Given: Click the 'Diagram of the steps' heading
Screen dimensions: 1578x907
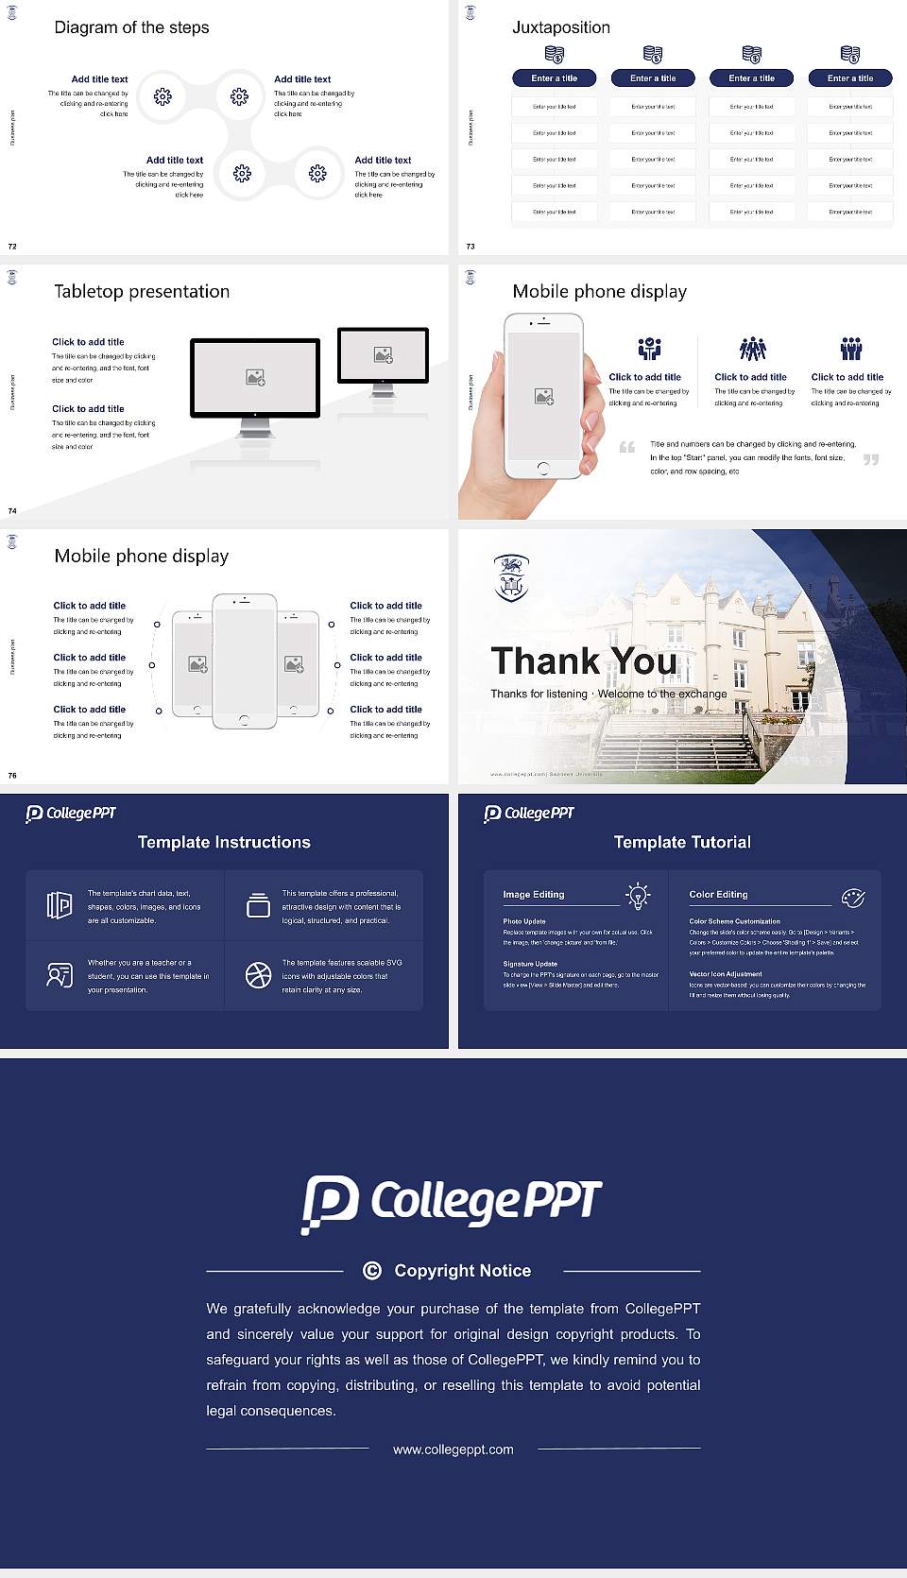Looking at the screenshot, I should pos(131,27).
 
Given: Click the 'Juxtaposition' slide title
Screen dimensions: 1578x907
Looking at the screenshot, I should pos(560,27).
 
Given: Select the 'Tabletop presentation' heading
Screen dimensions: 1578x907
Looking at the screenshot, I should pos(142,291).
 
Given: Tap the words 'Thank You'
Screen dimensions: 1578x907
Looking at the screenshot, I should pos(583,661).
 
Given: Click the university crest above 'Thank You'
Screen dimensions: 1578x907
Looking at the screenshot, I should pos(511,578).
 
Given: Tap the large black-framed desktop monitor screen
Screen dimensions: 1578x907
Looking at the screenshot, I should pos(255,377).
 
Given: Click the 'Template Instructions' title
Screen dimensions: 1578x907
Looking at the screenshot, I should pos(224,842).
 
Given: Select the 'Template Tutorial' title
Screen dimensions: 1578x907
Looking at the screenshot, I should pos(682,842).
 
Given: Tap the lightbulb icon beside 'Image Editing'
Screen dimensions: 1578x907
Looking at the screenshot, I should pos(638,896).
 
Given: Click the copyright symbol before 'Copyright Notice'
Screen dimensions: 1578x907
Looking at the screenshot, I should pos(372,1271).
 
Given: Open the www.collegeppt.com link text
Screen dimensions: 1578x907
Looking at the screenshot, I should pos(453,1449).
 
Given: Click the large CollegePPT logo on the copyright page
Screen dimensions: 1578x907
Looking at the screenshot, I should pos(452,1203).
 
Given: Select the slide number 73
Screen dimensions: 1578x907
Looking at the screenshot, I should pos(471,247).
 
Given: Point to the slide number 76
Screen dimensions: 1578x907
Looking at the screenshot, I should pos(12,776).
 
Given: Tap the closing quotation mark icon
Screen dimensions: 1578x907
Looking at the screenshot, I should pos(870,459).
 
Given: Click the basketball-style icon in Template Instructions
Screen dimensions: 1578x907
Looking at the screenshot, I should pos(258,975).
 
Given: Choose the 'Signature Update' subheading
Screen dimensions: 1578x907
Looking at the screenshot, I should pos(530,964).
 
